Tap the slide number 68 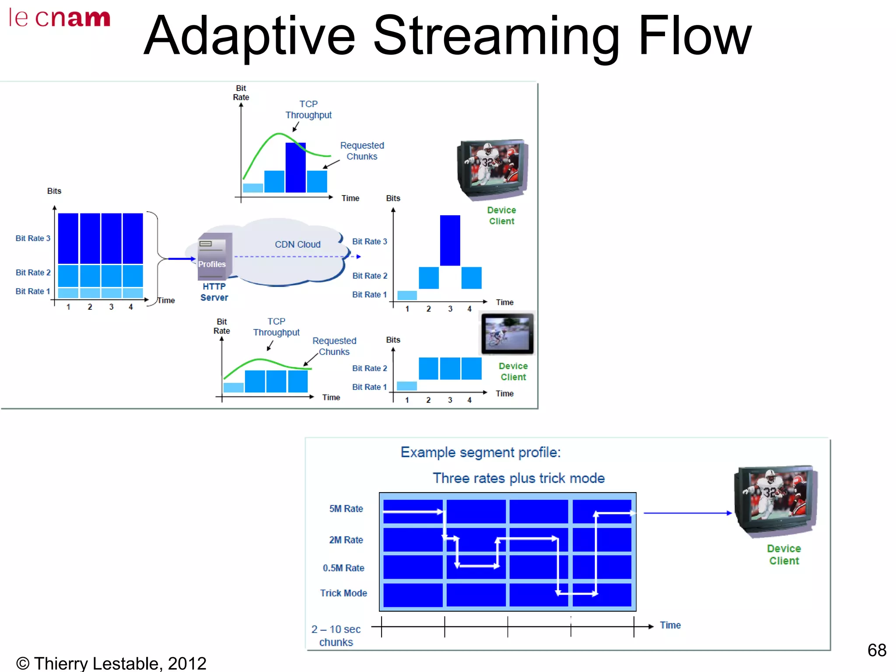[876, 650]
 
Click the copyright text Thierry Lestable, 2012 [111, 663]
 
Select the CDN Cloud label [297, 245]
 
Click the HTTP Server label [214, 292]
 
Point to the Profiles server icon [214, 257]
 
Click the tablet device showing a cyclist [507, 333]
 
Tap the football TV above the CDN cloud [492, 169]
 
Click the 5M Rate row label [346, 509]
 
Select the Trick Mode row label [343, 593]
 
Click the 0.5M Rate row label [343, 568]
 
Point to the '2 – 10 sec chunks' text [336, 636]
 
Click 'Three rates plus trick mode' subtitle [518, 478]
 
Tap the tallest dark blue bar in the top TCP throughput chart [295, 168]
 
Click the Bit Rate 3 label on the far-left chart [33, 238]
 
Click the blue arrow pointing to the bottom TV [687, 513]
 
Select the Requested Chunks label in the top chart [362, 151]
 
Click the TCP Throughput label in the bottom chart [276, 327]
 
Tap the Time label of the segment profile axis [670, 625]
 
